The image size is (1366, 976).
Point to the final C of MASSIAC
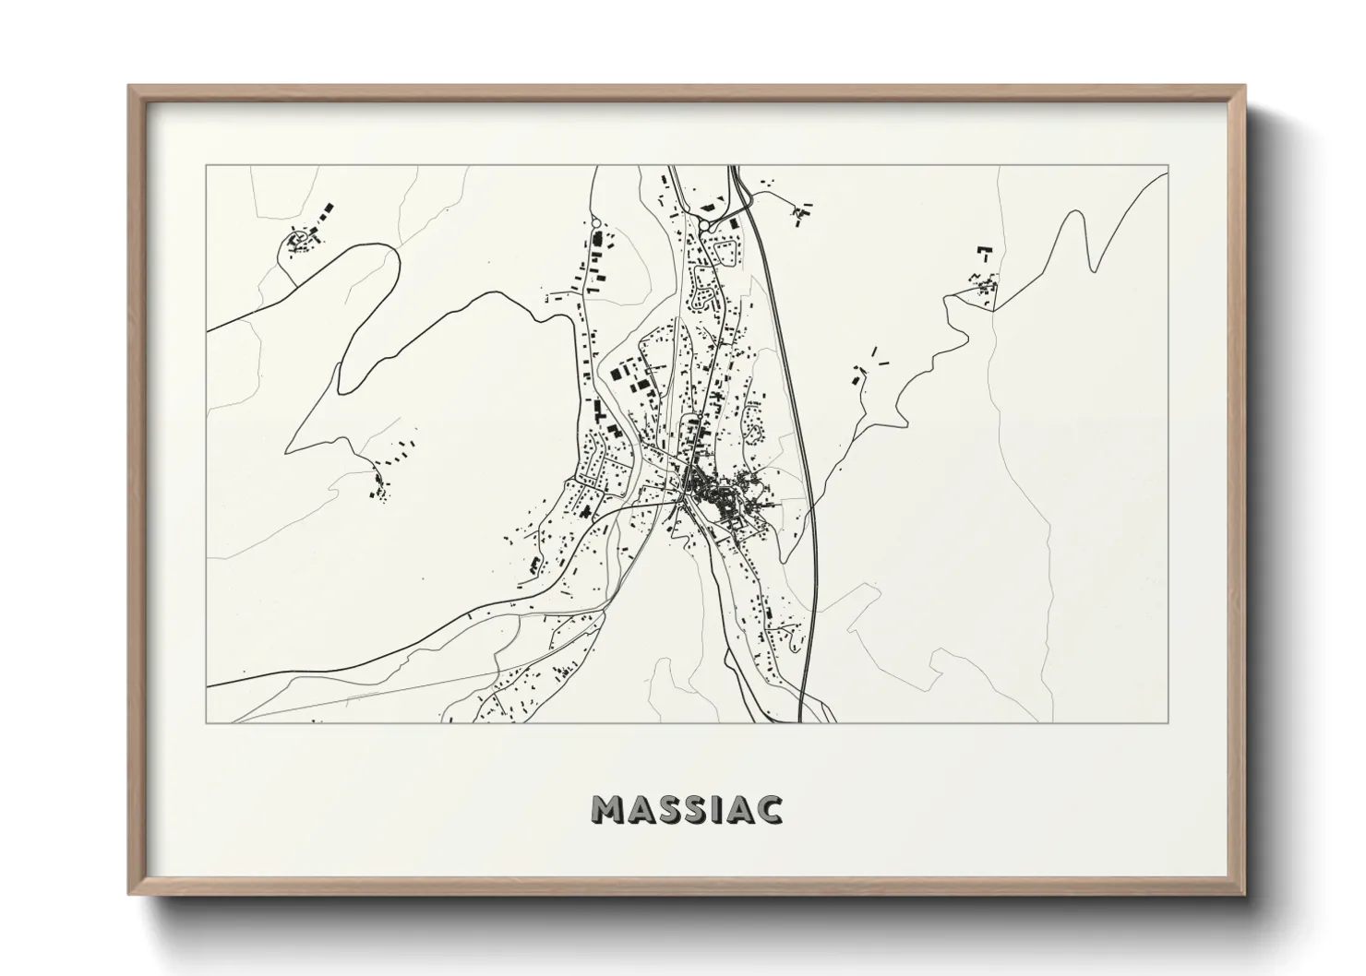coord(769,809)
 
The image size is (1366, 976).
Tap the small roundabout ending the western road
coord(595,222)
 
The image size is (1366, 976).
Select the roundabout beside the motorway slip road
coord(704,224)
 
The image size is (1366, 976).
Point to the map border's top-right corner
coord(1168,165)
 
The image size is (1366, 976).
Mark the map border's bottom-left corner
coord(206,722)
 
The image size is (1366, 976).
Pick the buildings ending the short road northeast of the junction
coord(800,213)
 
